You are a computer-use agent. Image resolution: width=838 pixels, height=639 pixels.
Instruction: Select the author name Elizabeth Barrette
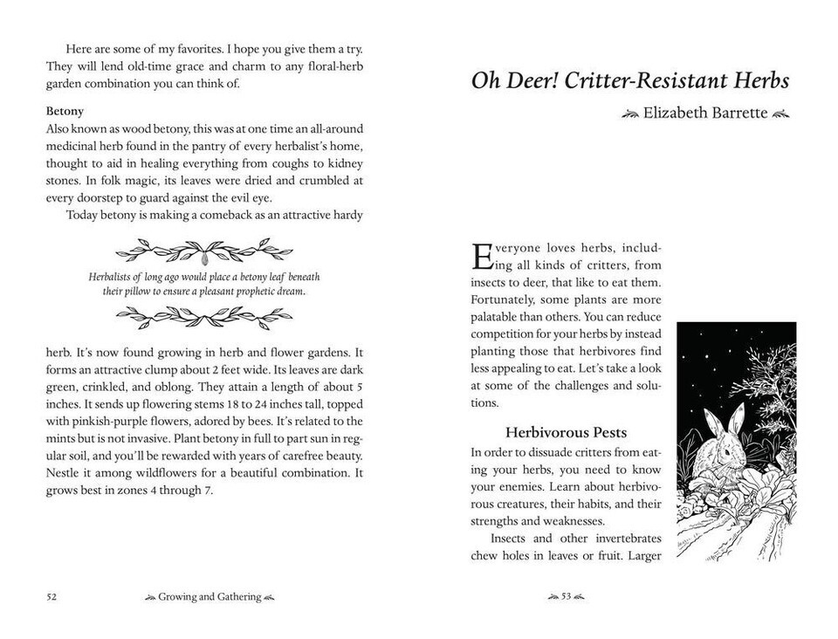click(x=706, y=113)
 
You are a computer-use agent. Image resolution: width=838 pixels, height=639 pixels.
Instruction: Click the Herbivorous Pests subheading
click(x=566, y=433)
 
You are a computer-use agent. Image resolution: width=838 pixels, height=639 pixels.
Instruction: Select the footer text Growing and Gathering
click(x=209, y=596)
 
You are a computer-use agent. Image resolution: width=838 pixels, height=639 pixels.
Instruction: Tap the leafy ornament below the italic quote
click(x=204, y=318)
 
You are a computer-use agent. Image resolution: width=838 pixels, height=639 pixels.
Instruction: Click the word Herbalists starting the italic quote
click(x=113, y=277)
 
